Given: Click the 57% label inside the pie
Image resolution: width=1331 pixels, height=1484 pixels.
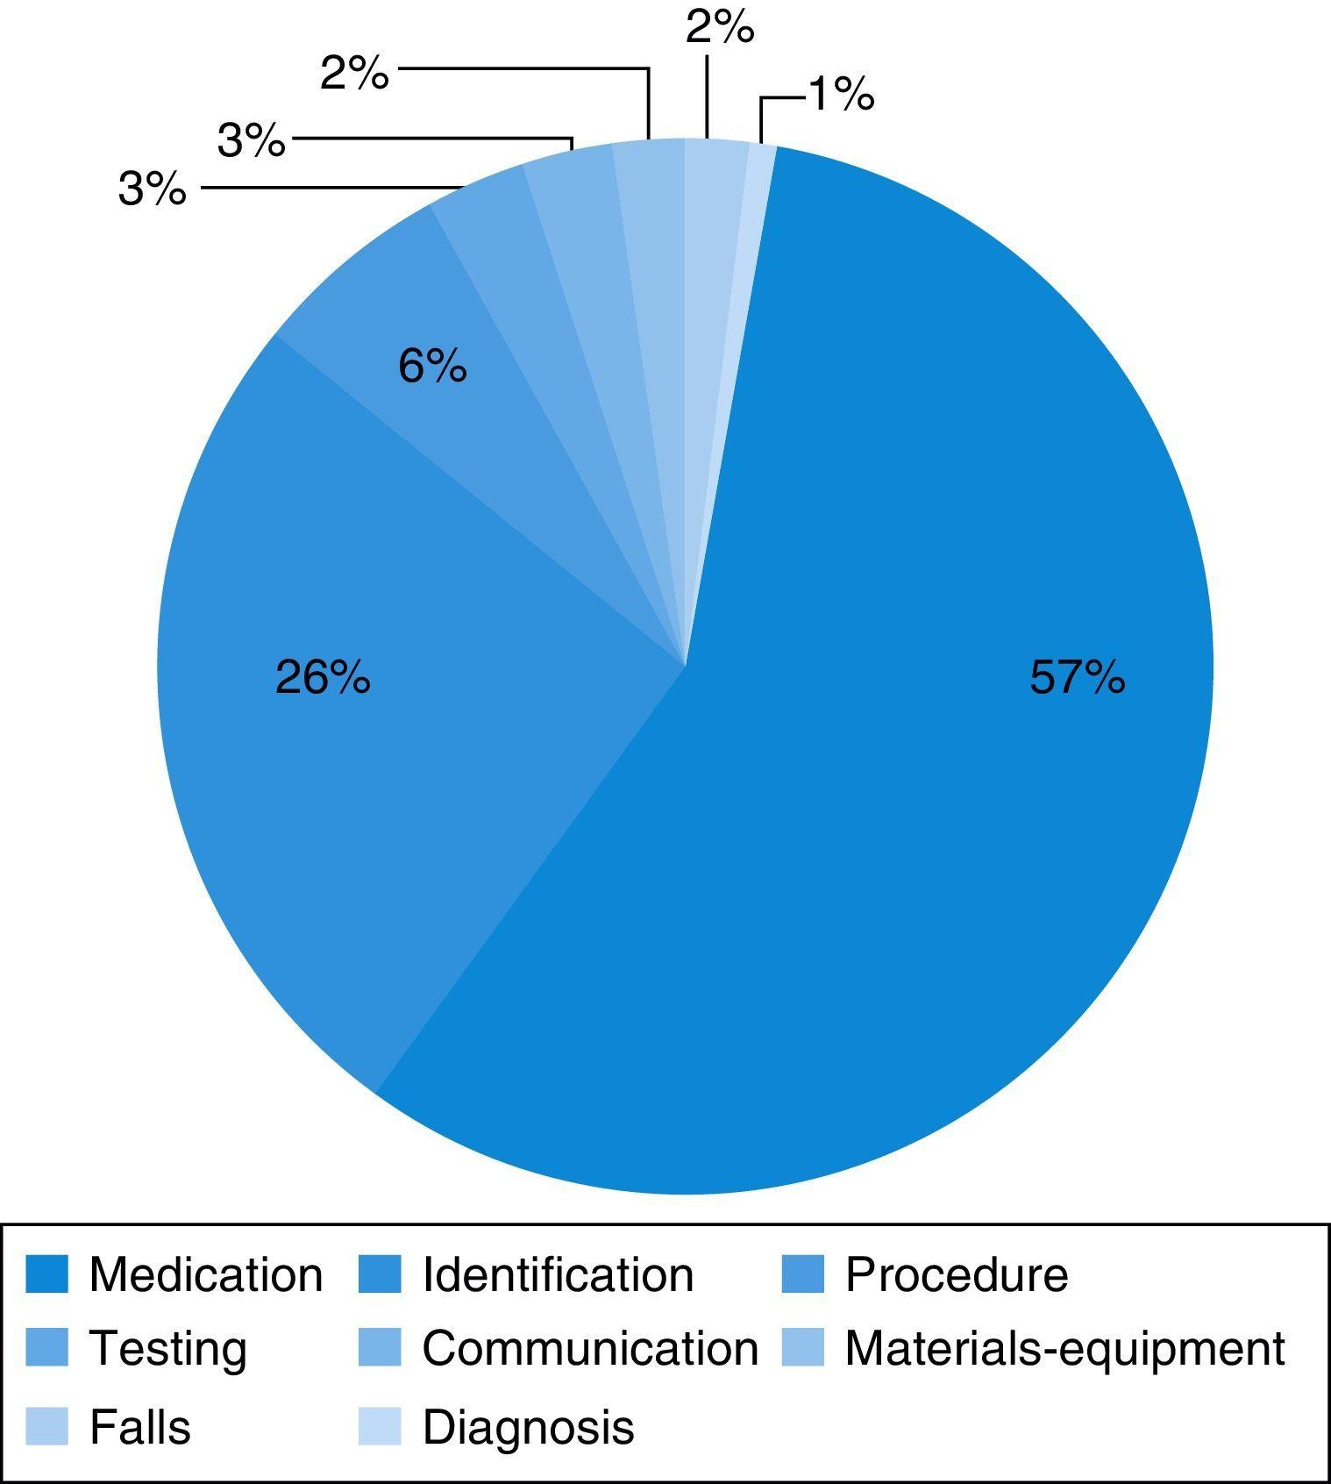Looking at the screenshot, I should point(1077,677).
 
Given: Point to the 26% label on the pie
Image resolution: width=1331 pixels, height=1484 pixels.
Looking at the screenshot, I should point(323,677).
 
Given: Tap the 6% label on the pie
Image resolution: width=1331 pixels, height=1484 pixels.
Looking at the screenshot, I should point(432,366).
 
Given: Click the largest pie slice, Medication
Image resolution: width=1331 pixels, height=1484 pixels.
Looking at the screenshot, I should point(877,789).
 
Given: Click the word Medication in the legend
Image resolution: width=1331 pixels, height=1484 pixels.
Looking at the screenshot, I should point(206,1274).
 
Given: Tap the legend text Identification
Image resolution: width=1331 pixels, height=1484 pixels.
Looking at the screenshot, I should point(558,1274).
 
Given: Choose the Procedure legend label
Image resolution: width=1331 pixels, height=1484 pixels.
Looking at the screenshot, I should point(957,1274).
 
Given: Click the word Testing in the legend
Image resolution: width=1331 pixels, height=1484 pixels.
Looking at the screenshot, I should point(168,1349).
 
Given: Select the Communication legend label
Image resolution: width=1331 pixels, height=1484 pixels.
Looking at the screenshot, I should point(590,1349).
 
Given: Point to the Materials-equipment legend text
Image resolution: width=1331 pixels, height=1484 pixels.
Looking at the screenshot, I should point(1064,1349).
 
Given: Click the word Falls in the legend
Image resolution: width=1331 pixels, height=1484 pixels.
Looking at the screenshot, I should point(140,1427).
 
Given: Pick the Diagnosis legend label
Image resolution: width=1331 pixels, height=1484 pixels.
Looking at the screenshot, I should point(528,1427).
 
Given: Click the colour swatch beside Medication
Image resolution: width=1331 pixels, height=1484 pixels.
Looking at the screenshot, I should point(46,1274).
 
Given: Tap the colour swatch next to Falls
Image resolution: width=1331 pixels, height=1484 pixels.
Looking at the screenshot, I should point(46,1427).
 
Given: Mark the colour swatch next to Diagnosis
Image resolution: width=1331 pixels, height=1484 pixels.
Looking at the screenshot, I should point(380,1427).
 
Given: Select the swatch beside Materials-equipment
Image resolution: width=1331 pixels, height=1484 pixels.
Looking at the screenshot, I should point(803,1349).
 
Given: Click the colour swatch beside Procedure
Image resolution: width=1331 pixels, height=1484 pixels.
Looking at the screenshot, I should point(803,1274).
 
